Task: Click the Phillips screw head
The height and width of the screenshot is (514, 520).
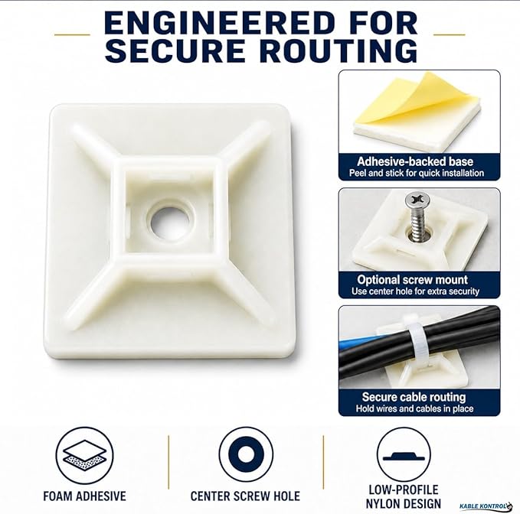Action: click(x=417, y=200)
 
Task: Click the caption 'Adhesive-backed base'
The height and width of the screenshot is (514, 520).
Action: click(x=415, y=161)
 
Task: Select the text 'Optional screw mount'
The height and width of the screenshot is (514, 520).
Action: click(x=412, y=280)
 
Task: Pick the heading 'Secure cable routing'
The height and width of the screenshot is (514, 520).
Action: click(x=414, y=397)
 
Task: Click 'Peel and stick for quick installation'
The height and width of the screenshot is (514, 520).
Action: click(x=416, y=173)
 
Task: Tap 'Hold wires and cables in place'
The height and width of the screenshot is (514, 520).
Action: click(x=414, y=408)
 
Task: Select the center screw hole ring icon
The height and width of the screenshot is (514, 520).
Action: click(x=246, y=454)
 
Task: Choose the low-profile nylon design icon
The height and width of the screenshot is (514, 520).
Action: click(x=404, y=454)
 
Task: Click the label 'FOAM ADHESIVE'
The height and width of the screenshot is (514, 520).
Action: click(x=84, y=496)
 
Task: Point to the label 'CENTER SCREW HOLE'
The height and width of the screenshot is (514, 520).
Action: click(x=245, y=496)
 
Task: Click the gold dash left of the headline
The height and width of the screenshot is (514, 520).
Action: click(x=72, y=34)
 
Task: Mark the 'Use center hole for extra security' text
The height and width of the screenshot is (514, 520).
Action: click(x=416, y=291)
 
